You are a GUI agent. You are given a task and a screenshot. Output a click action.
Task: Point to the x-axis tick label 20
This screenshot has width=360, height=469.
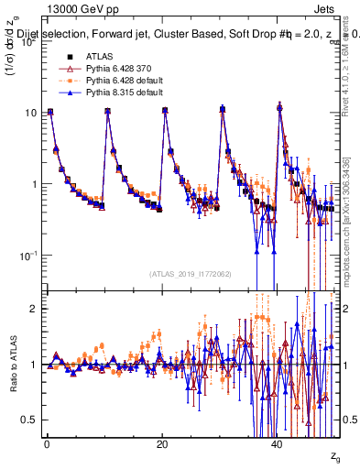click(162, 442)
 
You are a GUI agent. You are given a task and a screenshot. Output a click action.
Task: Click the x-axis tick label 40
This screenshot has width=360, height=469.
click(278, 442)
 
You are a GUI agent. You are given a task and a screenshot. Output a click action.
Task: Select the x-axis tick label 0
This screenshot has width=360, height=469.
click(47, 442)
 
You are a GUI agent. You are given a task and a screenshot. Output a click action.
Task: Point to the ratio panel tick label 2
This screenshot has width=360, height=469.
click(33, 309)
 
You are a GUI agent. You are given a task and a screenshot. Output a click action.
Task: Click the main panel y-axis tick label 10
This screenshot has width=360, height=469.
click(30, 113)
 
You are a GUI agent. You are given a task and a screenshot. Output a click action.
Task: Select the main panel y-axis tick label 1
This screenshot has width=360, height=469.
click(33, 184)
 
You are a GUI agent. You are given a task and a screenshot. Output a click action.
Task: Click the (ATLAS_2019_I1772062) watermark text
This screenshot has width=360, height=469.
click(190, 274)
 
